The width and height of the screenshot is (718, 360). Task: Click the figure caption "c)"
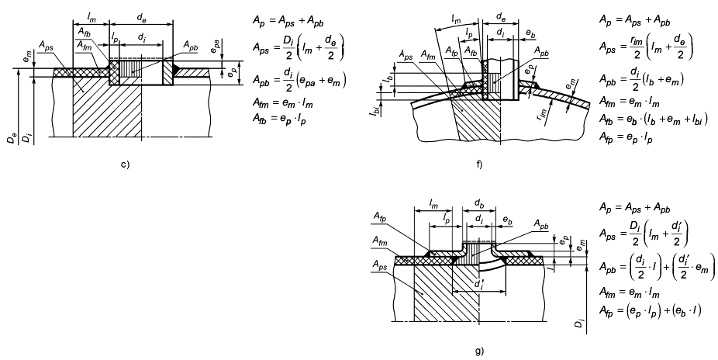125,164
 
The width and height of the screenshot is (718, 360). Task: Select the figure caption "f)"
479,164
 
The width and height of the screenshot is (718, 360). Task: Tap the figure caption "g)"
479,351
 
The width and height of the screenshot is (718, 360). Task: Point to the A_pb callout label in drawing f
542,52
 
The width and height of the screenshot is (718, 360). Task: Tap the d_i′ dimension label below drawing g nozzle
478,285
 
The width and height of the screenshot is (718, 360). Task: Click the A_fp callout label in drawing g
378,219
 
